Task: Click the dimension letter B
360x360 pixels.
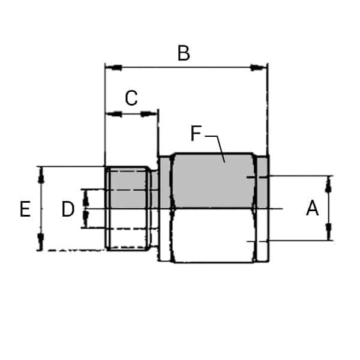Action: click(184, 53)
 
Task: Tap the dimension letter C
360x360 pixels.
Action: click(131, 98)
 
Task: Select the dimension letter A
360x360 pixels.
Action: click(312, 209)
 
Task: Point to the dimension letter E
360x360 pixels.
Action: click(25, 209)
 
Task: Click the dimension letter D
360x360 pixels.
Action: click(68, 209)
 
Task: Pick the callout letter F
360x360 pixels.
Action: click(196, 134)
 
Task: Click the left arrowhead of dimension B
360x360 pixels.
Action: click(113, 67)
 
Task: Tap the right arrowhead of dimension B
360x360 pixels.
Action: click(260, 67)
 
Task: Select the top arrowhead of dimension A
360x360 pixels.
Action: click(329, 185)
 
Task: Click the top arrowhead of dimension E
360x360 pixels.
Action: click(41, 175)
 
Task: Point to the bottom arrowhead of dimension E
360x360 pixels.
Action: click(41, 242)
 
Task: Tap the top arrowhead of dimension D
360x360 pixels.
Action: click(85, 194)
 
